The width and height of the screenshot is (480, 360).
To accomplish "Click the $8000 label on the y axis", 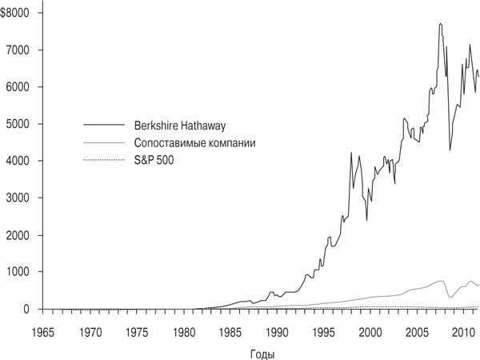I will point(15,14).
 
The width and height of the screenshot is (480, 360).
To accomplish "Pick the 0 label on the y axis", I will point(26,309).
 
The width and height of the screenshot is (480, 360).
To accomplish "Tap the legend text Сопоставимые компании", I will point(195,143).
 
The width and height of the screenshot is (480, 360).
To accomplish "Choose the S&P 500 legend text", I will point(154,161).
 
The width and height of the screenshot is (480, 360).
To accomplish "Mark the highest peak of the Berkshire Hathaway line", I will point(440,24).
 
